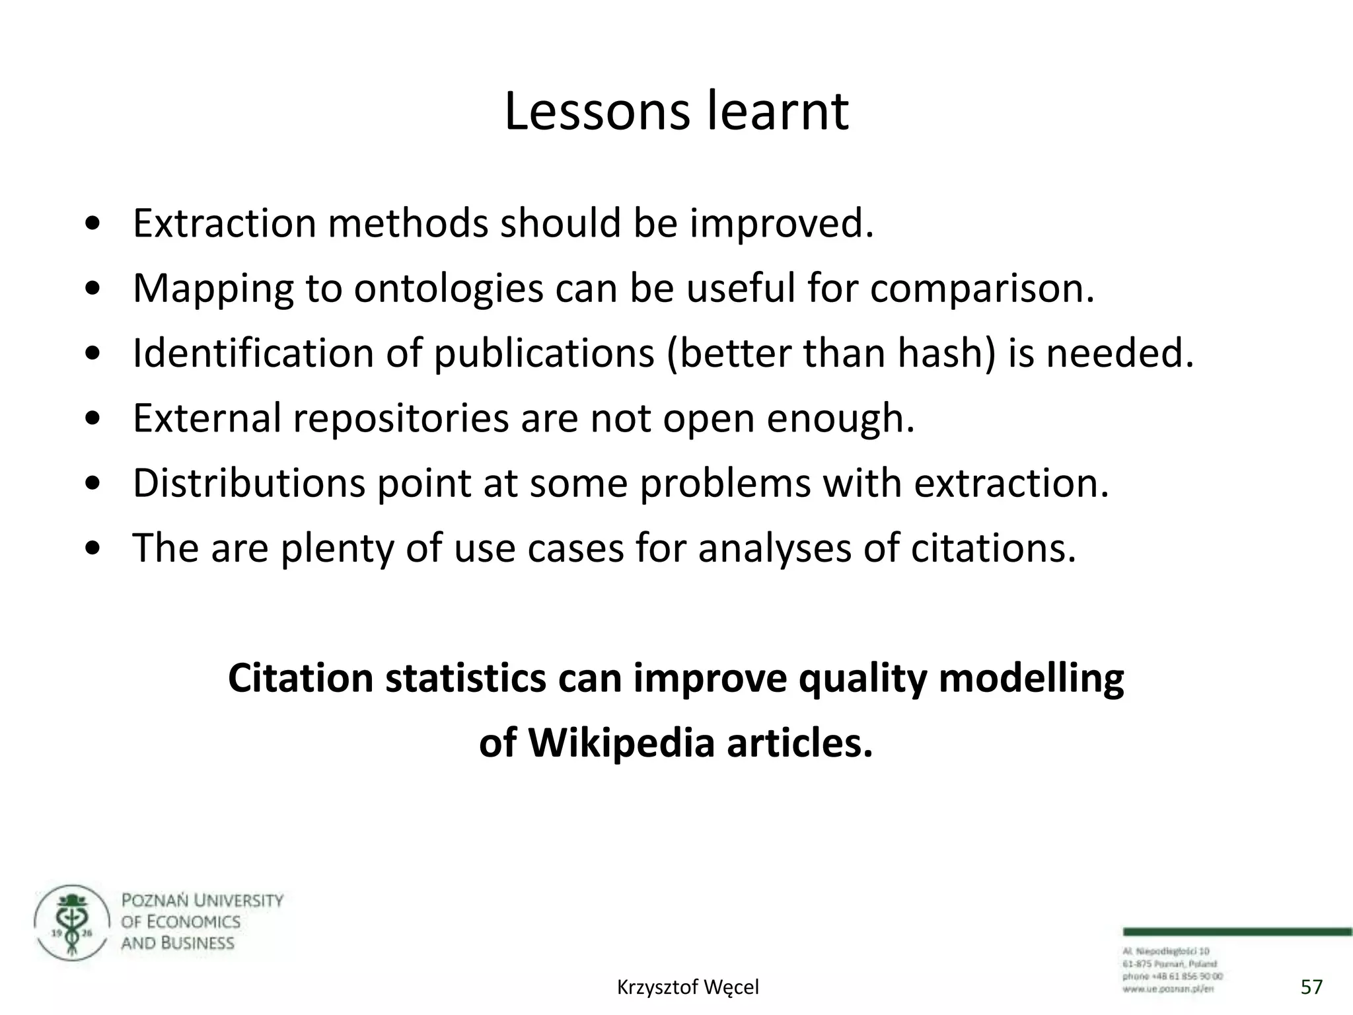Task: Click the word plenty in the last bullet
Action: pyautogui.click(x=338, y=548)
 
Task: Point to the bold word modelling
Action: pyautogui.click(x=1031, y=679)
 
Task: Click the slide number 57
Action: pyautogui.click(x=1311, y=987)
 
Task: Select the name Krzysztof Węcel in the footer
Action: pyautogui.click(x=688, y=987)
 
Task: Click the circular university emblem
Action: pyautogui.click(x=71, y=923)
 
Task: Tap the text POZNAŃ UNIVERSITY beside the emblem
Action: pyautogui.click(x=202, y=901)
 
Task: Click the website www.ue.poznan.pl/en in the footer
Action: pyautogui.click(x=1168, y=989)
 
